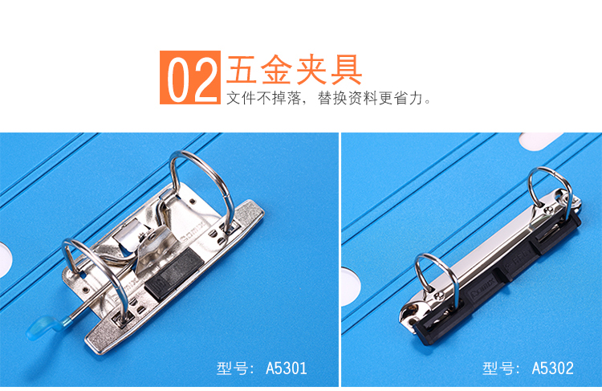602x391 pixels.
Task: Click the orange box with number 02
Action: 190,77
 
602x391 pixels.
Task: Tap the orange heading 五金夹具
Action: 295,70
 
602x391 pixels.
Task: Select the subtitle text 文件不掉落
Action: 264,98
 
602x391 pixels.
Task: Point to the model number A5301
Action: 287,369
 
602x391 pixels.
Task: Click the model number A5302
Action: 552,369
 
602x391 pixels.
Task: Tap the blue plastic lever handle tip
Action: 42,327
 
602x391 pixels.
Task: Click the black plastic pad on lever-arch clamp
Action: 173,272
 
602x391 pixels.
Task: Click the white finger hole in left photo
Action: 6,259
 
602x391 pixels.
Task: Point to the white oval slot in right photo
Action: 541,141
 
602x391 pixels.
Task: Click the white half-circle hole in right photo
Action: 350,287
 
